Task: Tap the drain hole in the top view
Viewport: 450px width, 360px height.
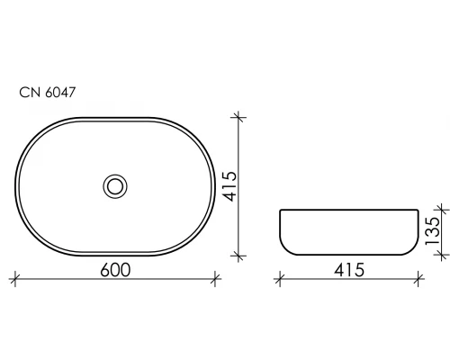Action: (x=115, y=186)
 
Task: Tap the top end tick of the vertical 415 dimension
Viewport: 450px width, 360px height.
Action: (x=239, y=116)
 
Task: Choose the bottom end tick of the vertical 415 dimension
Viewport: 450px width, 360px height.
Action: (x=239, y=256)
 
